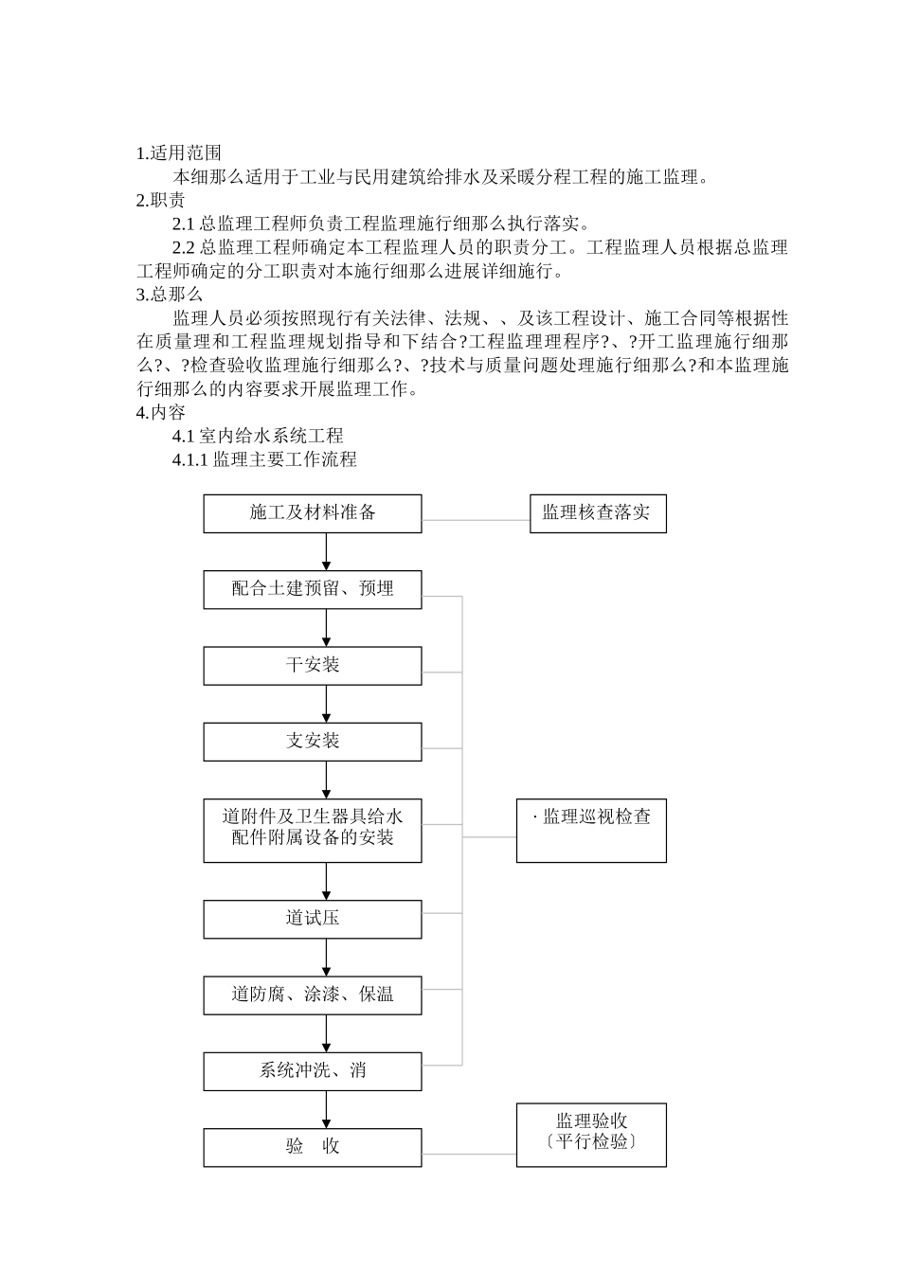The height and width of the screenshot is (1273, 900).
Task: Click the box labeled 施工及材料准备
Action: [x=313, y=513]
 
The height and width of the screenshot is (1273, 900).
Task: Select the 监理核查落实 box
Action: [x=597, y=513]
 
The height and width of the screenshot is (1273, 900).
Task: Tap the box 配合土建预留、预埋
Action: [x=313, y=589]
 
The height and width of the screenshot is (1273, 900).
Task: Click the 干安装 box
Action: [x=313, y=666]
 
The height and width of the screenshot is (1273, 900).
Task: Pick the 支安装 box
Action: [x=313, y=742]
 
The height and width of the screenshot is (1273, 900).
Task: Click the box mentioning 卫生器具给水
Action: [x=313, y=831]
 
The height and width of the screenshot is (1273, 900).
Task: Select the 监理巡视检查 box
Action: [x=591, y=831]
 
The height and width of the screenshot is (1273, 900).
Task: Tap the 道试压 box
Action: [x=313, y=919]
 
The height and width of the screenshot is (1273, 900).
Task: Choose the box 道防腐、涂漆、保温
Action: [x=313, y=995]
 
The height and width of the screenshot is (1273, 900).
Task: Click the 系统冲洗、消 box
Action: [x=313, y=1071]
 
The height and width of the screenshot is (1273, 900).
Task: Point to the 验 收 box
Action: [x=313, y=1147]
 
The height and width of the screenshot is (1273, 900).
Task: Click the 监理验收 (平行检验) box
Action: [x=591, y=1134]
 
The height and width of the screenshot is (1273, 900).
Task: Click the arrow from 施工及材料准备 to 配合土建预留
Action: [x=327, y=551]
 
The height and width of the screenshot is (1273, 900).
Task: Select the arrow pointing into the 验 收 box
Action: [x=327, y=1108]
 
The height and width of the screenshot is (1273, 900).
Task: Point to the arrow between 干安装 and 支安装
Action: [x=327, y=704]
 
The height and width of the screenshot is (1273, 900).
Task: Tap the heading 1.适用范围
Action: [x=179, y=153]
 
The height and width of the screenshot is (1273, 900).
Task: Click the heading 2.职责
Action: [x=160, y=201]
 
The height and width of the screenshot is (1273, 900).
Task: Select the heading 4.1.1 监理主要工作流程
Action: [x=264, y=460]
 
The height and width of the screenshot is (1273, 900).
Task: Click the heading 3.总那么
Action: [x=170, y=295]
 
